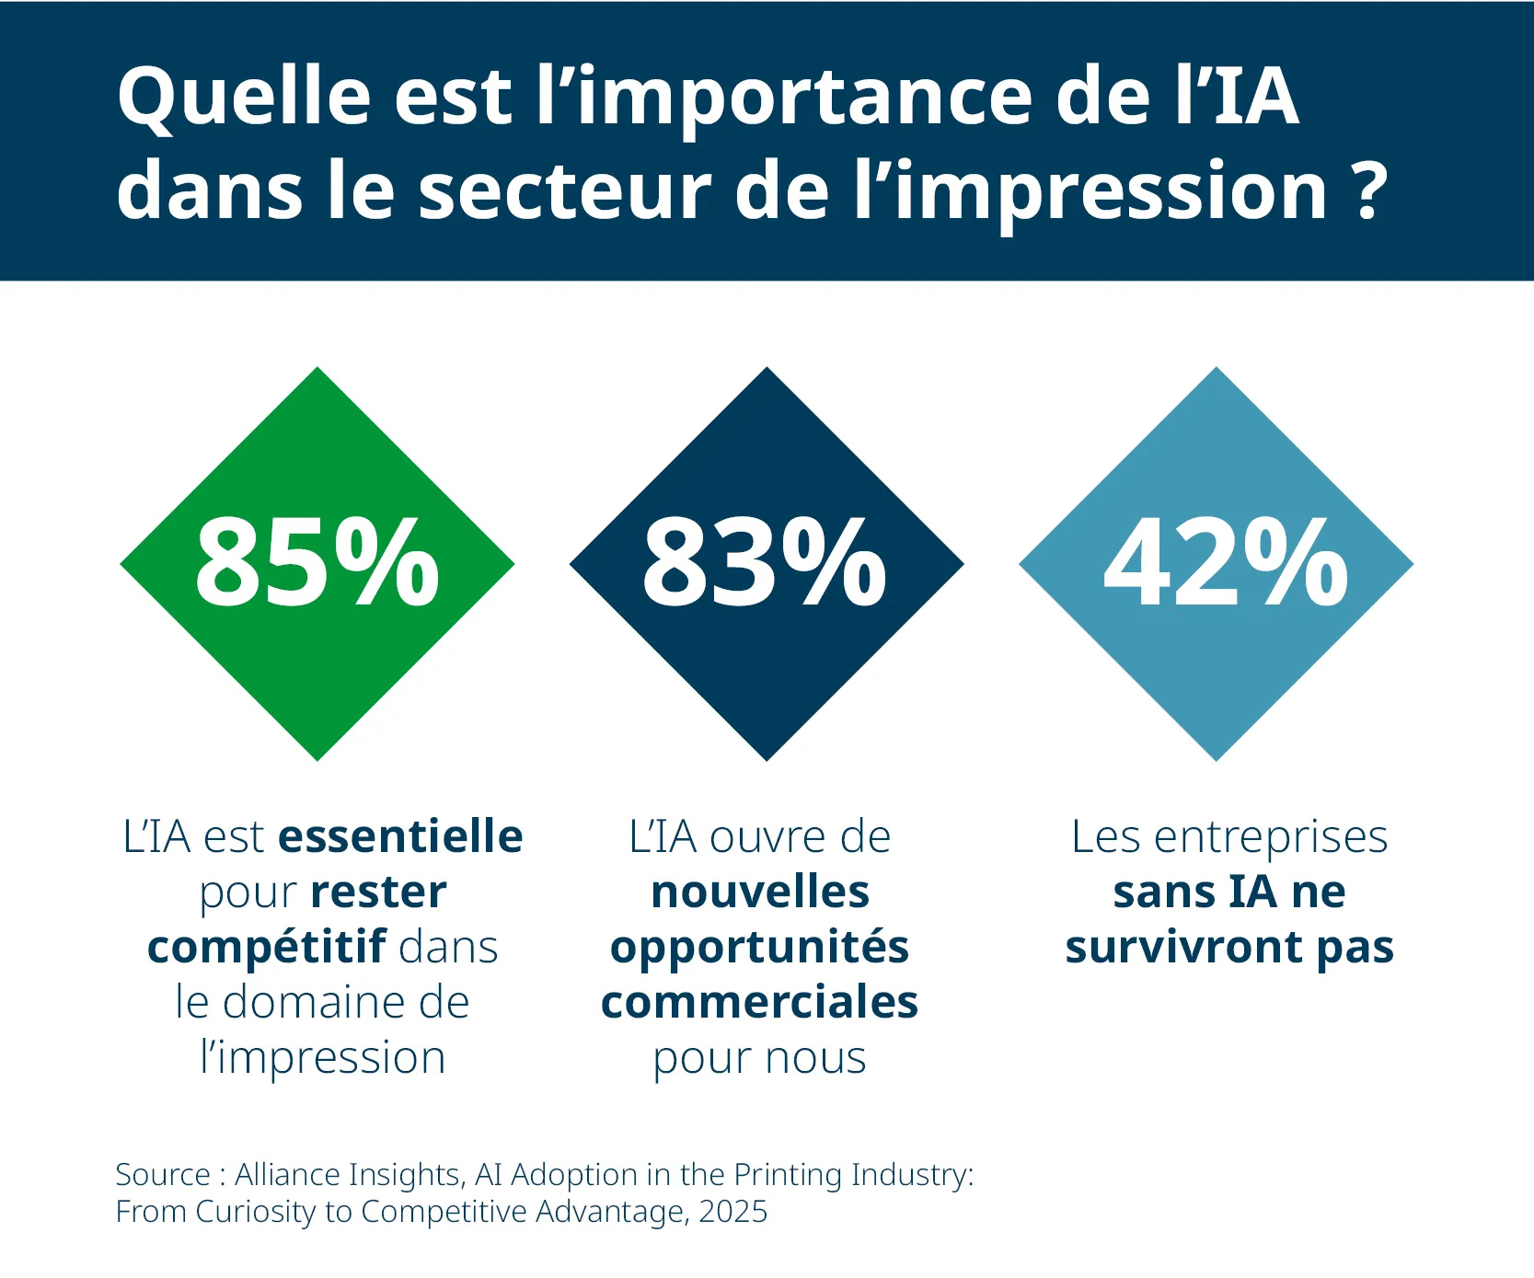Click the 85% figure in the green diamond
tap(317, 563)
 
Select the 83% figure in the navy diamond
tap(765, 563)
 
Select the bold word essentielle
tap(400, 836)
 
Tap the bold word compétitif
tap(267, 947)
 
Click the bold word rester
tap(378, 892)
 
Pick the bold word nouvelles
tap(760, 892)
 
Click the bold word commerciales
tap(760, 1002)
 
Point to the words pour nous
tap(760, 1059)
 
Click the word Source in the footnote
tap(163, 1175)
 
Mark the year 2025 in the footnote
tap(732, 1212)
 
